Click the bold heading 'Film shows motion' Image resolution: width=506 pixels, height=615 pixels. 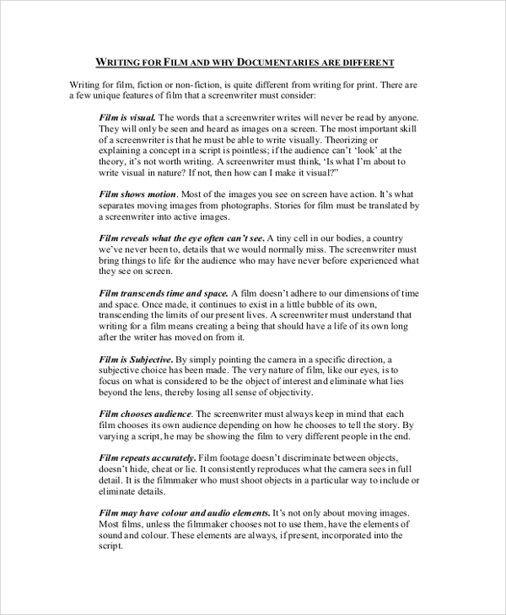[137, 193]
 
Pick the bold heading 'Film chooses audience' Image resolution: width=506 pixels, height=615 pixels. [146, 414]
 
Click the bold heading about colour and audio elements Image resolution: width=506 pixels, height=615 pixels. [184, 512]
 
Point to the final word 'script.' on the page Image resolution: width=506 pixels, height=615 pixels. [110, 545]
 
